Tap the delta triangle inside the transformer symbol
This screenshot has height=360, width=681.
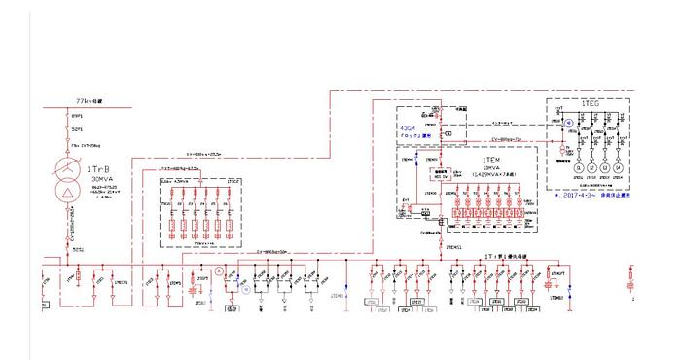tap(67, 195)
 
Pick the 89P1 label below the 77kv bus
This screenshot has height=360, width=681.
tap(78, 116)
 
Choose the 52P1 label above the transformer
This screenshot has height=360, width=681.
tap(78, 129)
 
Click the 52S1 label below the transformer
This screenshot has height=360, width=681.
tap(78, 250)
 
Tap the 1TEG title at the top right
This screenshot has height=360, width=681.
tap(590, 102)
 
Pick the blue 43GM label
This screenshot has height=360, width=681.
tap(407, 127)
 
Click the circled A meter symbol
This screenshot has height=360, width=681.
tap(220, 270)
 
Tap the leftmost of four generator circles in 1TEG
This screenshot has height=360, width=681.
tap(577, 168)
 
